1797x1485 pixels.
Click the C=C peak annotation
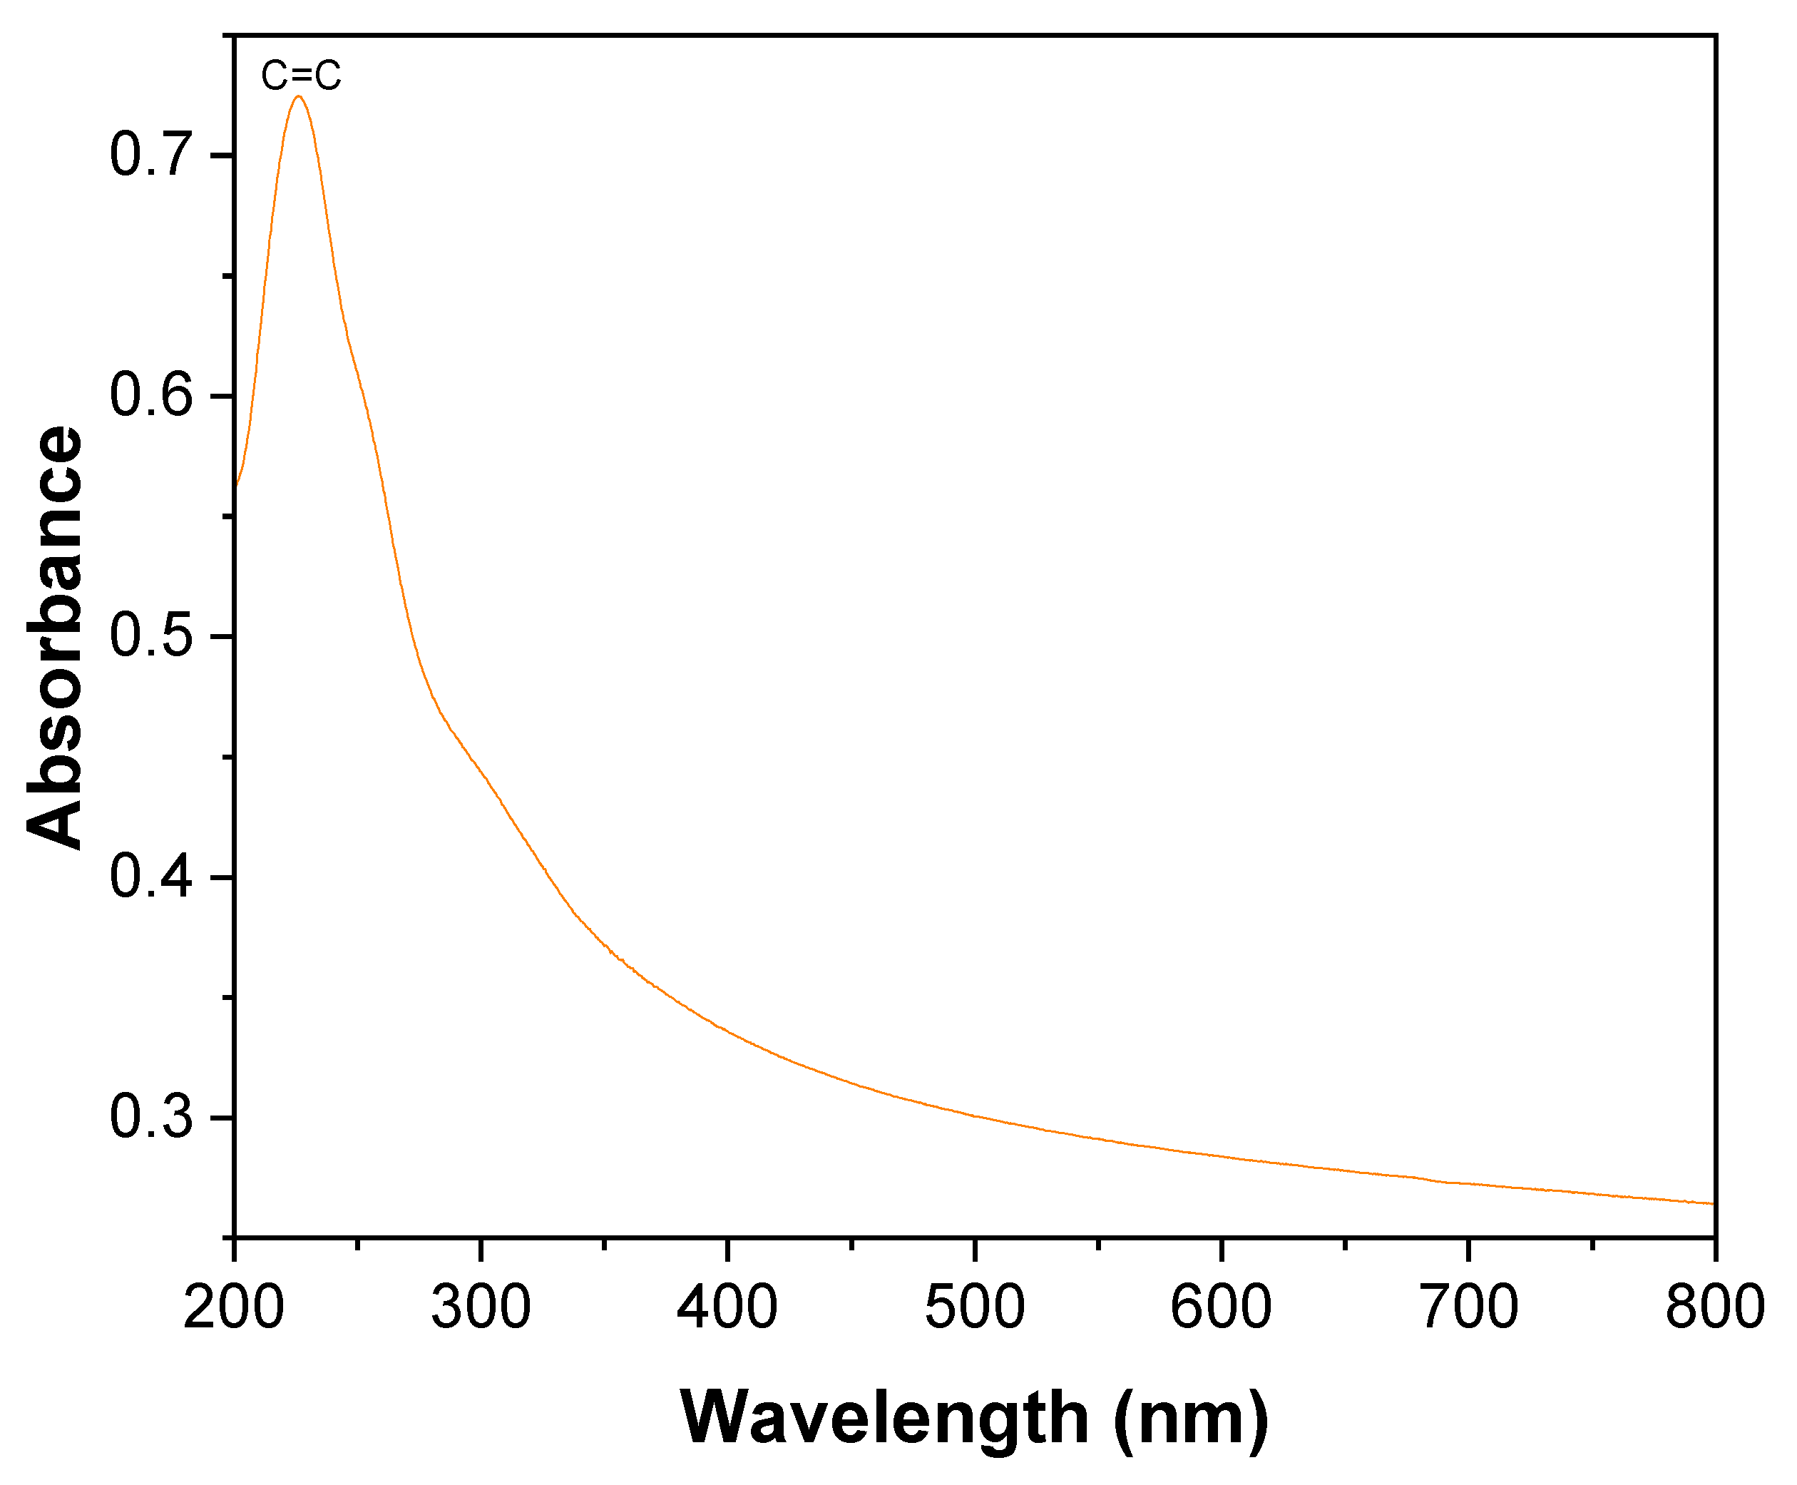point(300,76)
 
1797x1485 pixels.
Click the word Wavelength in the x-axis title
point(884,1417)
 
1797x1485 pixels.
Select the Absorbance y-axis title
point(54,636)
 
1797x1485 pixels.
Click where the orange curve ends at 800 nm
point(1712,1203)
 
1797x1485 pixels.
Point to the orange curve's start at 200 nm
point(236,486)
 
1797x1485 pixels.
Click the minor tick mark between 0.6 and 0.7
point(228,276)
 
